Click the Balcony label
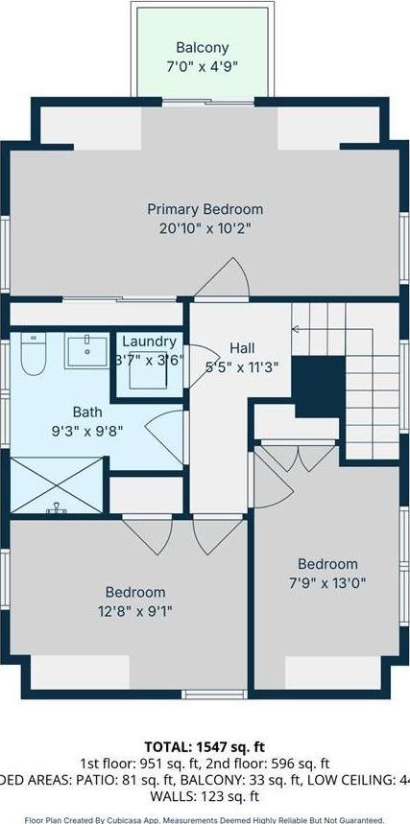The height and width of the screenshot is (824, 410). pyautogui.click(x=202, y=47)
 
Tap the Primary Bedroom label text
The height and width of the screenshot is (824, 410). pyautogui.click(x=205, y=208)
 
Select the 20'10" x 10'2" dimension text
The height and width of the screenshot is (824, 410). pyautogui.click(x=205, y=228)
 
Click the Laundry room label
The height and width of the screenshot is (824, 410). pyautogui.click(x=149, y=341)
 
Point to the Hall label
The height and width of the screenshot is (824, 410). pyautogui.click(x=241, y=347)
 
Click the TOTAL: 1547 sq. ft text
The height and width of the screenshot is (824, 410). pyautogui.click(x=205, y=744)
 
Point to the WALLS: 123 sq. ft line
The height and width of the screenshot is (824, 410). pyautogui.click(x=205, y=796)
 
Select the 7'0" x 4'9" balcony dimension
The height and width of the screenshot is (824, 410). pyautogui.click(x=202, y=66)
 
